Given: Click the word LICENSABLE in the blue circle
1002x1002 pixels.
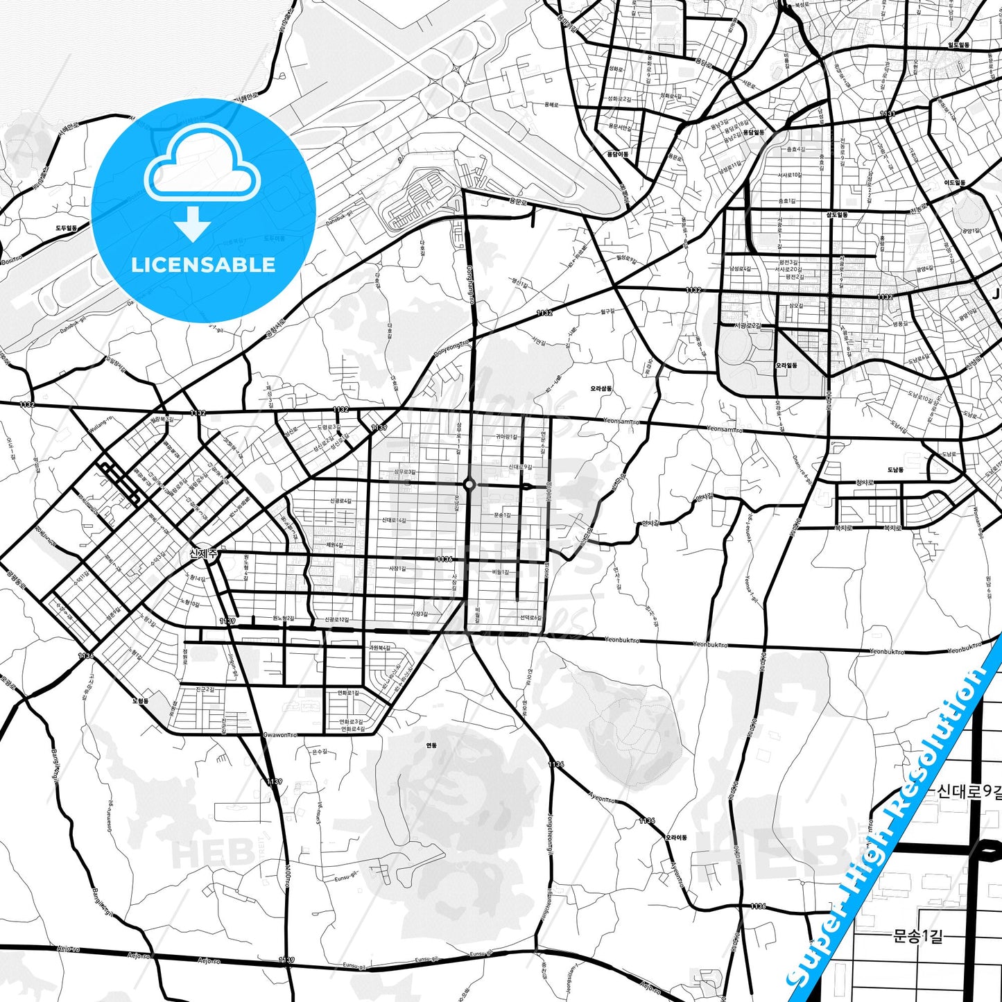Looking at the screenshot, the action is (x=203, y=265).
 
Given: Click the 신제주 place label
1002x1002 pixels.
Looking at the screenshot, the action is (x=203, y=553).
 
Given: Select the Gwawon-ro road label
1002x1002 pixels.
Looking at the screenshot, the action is (x=281, y=734).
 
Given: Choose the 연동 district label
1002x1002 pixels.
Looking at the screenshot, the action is (x=431, y=745).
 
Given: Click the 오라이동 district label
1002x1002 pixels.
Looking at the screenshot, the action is (x=676, y=838).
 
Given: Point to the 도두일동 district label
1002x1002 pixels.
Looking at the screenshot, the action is (x=67, y=227).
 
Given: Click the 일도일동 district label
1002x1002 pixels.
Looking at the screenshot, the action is (x=959, y=44).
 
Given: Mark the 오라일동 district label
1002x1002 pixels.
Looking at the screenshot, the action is (x=786, y=365).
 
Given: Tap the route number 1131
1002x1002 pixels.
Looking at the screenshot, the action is (x=888, y=114).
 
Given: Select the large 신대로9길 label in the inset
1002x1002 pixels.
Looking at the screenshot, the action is (x=969, y=791).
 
